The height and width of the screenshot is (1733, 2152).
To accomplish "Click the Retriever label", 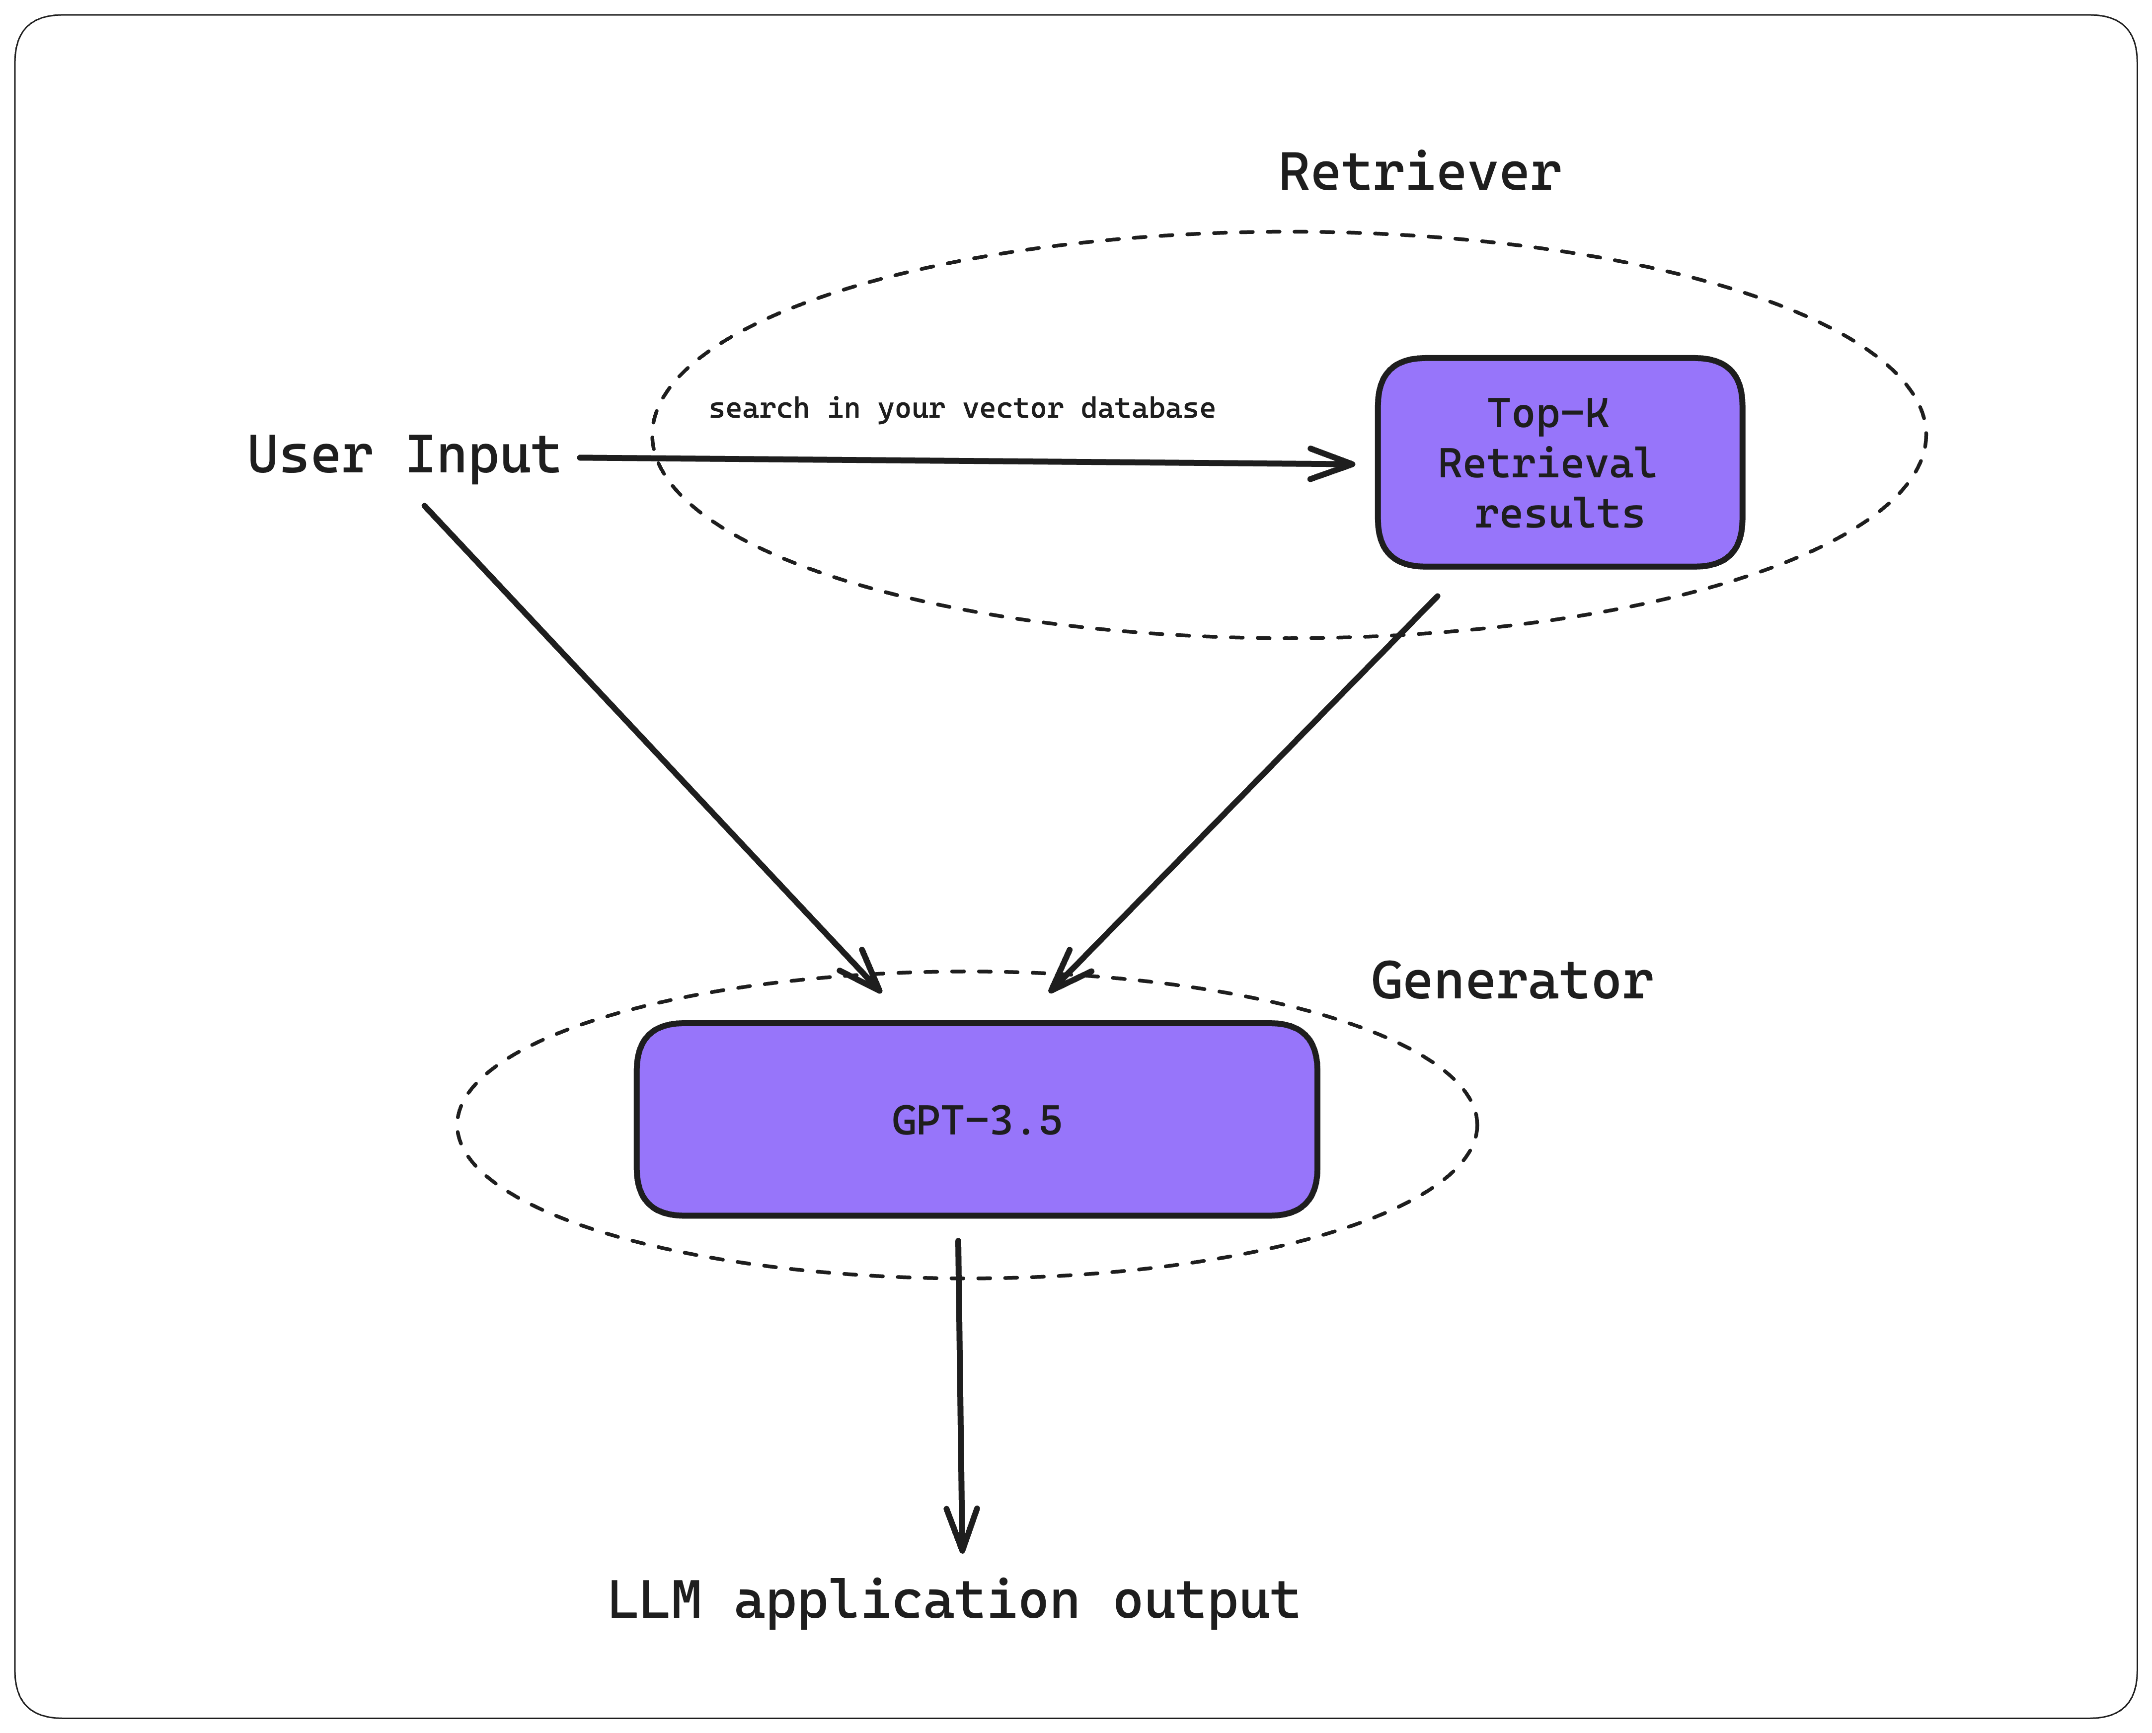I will click(x=1419, y=173).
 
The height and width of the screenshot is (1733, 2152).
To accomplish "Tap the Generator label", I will click(x=1511, y=981).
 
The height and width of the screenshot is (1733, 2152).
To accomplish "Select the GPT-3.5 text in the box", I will click(x=976, y=1121).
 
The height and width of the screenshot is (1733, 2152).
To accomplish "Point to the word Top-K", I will click(x=1547, y=413).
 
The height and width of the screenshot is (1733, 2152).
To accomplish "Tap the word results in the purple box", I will click(x=1559, y=514).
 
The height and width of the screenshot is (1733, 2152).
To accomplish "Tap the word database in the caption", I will click(x=1148, y=408).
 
